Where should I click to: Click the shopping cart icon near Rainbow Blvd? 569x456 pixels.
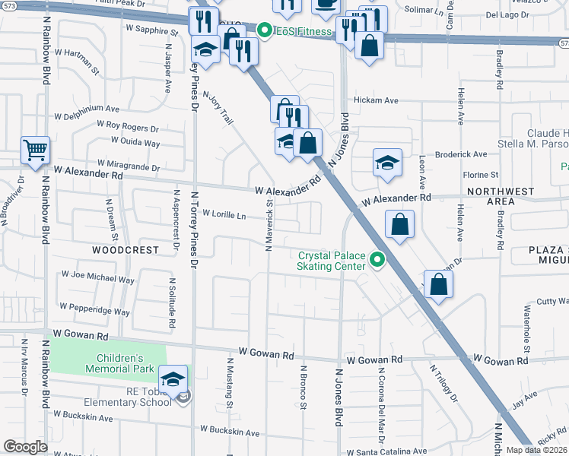(35, 150)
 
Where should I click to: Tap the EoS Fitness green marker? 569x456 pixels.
(265, 31)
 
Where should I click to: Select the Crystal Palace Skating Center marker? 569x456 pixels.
(376, 261)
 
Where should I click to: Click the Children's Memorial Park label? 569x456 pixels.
(119, 364)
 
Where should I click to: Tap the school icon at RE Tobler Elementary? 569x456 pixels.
(173, 378)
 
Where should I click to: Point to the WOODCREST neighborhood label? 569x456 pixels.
(126, 249)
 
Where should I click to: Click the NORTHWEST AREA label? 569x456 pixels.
(501, 196)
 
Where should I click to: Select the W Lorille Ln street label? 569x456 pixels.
(224, 216)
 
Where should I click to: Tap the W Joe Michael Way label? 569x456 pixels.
(97, 277)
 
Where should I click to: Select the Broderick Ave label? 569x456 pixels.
(460, 154)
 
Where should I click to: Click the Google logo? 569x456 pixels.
(25, 447)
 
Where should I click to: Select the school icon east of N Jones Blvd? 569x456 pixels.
(386, 163)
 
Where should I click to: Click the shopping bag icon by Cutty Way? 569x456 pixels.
(439, 284)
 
